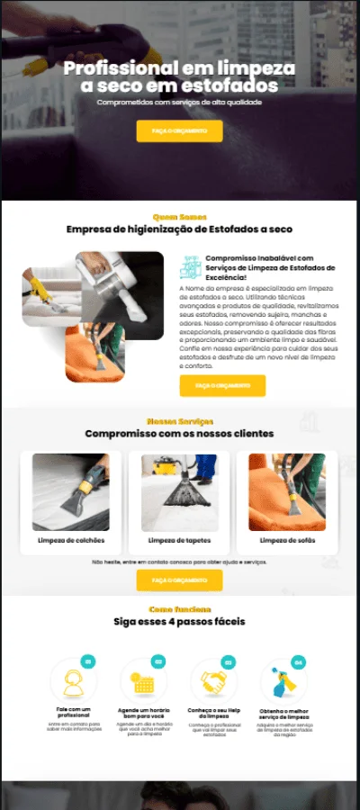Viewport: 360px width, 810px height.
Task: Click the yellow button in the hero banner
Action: point(179,130)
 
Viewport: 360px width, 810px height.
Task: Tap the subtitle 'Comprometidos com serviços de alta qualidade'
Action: point(179,103)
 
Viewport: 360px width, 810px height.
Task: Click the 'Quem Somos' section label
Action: point(179,216)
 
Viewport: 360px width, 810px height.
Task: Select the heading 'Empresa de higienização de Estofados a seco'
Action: point(179,229)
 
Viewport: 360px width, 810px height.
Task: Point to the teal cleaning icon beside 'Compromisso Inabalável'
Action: point(190,266)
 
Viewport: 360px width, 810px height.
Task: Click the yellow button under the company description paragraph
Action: point(222,385)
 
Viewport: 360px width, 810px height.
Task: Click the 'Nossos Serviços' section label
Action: point(179,421)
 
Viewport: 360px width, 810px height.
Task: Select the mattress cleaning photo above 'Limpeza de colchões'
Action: point(71,491)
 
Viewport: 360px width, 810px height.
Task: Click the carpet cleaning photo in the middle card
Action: point(179,491)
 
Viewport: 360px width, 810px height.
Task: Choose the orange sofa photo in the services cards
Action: point(287,491)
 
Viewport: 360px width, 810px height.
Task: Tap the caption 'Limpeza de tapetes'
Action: point(179,540)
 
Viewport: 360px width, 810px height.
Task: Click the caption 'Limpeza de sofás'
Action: point(287,540)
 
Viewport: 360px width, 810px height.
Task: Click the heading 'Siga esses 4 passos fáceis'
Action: point(179,621)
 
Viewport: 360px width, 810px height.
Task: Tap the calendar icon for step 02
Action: point(143,683)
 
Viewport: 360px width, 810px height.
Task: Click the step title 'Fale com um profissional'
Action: point(71,712)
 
